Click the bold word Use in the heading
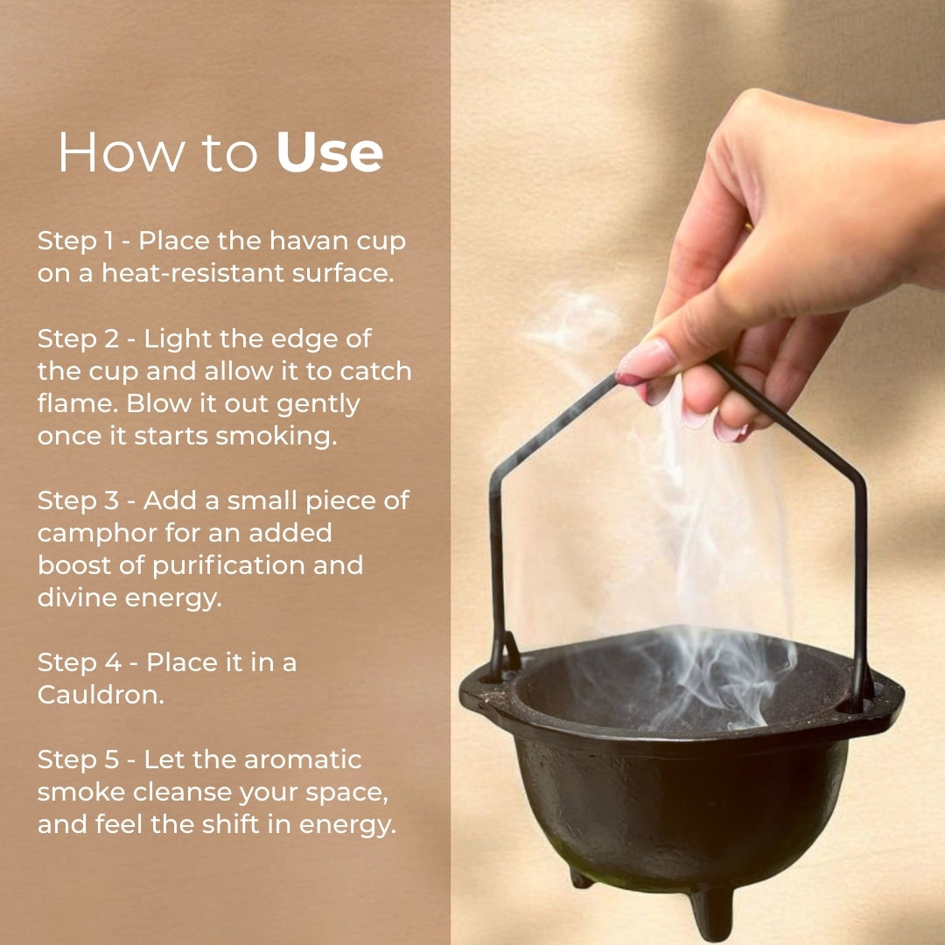pos(329,153)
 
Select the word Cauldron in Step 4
pos(101,695)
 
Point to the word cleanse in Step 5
pos(182,792)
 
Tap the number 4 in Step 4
pos(113,662)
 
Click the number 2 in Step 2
pos(112,339)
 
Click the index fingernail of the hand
pos(645,361)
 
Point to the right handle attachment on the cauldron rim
pos(863,693)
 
